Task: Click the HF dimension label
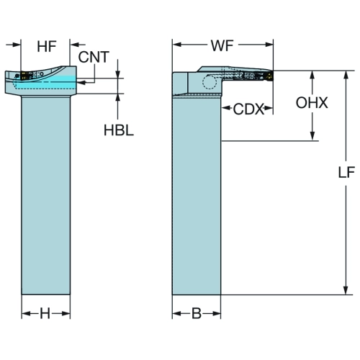point(47,46)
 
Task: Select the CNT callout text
point(94,57)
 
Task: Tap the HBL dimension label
point(119,130)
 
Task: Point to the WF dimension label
point(222,45)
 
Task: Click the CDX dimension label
point(248,109)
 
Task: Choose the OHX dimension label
point(312,103)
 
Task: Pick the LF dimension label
point(346,172)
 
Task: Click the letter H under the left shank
point(45,313)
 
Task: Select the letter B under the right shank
point(197,313)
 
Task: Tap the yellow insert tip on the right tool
point(270,76)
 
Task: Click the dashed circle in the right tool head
point(210,82)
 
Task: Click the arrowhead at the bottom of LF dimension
point(346,289)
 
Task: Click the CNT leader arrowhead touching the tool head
point(82,83)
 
